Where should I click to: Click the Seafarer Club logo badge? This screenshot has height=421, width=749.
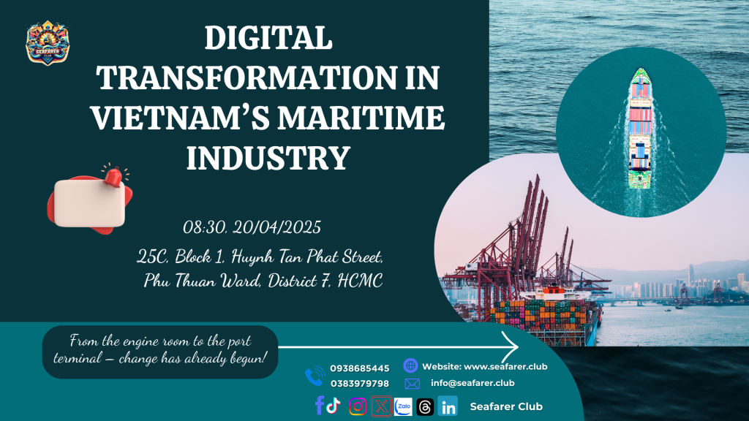[48, 43]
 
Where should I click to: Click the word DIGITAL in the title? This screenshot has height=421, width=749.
[268, 38]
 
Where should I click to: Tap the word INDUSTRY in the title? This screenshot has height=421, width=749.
[268, 158]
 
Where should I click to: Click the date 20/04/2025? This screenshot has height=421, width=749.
[276, 227]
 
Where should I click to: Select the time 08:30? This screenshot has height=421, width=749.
[205, 227]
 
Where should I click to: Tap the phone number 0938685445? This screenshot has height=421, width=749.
[360, 368]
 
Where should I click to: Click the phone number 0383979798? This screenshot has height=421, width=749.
[360, 384]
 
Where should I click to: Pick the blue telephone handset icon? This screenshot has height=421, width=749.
[315, 376]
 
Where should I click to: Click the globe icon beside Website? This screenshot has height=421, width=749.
[410, 365]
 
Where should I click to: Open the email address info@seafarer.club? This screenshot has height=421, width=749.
[473, 383]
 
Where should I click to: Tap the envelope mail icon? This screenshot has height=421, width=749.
[413, 384]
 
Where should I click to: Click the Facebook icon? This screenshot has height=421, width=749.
[320, 405]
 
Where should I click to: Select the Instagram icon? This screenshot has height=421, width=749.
[358, 406]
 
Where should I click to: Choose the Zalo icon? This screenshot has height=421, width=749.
[403, 406]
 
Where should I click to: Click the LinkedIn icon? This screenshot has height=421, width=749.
[448, 406]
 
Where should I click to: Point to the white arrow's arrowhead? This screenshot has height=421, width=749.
[511, 347]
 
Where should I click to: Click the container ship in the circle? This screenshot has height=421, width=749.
[640, 128]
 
